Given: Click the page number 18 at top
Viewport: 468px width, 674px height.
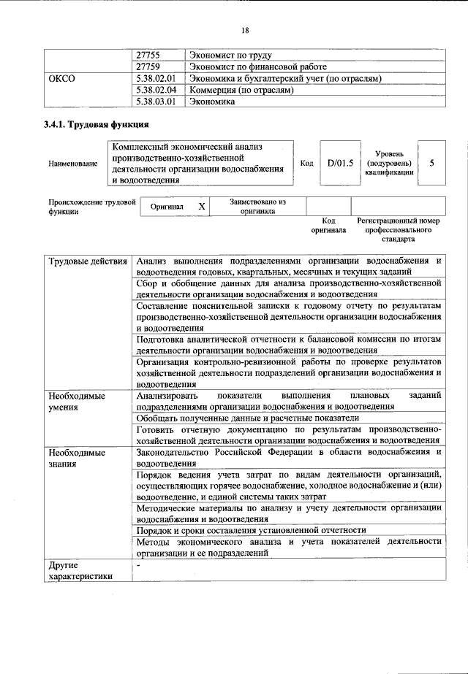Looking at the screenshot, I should pos(245,30).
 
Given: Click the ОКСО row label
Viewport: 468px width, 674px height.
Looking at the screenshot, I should pos(61,78).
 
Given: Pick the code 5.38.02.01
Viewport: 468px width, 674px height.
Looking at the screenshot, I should pos(156,78).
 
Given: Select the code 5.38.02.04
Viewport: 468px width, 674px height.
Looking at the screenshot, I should pos(156,90).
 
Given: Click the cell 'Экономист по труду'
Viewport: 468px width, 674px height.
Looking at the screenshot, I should pos(230,55).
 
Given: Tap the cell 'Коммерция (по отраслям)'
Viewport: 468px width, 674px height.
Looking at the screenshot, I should pos(241,90).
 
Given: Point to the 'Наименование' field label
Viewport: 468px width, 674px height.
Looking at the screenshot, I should pos(73,164).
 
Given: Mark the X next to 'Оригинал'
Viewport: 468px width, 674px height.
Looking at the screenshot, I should pos(202,207).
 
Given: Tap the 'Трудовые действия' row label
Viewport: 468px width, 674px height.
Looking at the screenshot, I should pos(87,261).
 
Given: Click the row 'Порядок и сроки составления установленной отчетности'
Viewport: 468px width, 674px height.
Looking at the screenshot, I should pos(251,529).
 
